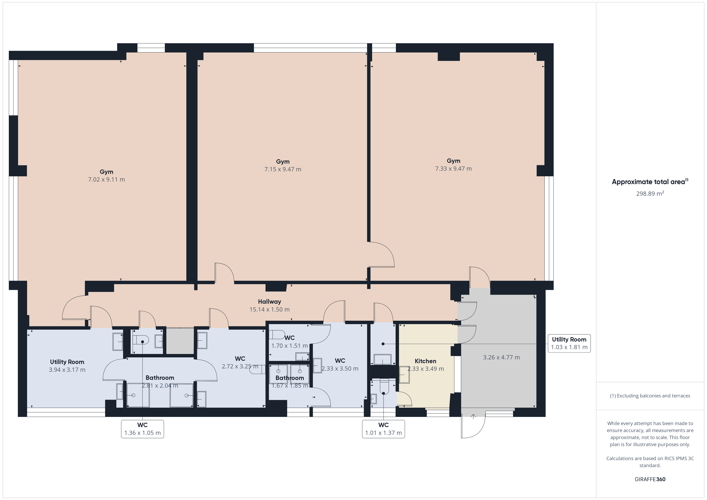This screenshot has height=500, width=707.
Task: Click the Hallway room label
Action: tap(270, 302)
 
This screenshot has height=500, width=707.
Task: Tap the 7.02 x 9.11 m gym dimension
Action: tap(107, 179)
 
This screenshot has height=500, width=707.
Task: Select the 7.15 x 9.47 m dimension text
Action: tap(283, 169)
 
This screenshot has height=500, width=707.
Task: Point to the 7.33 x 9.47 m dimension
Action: tap(453, 169)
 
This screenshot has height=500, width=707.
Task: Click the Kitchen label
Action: tap(426, 361)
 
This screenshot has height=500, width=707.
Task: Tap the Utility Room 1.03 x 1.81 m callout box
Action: tap(569, 343)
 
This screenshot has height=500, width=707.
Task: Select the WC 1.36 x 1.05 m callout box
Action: tap(142, 429)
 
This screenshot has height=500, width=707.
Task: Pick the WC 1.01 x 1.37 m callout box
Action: tap(383, 429)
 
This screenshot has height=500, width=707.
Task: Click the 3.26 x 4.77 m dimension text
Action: tap(501, 357)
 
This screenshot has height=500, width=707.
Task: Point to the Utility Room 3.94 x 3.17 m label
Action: tap(67, 366)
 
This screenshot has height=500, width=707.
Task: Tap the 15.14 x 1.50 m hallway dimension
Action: tap(270, 309)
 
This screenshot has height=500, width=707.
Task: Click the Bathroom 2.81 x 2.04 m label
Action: tap(160, 381)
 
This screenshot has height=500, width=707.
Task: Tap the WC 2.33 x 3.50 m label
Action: tap(340, 365)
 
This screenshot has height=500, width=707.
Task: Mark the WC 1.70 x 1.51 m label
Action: tap(289, 342)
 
